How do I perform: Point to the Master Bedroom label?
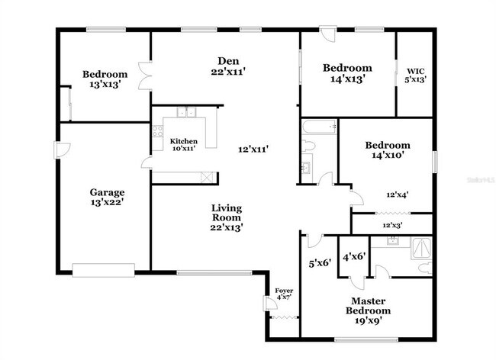coord(369,306)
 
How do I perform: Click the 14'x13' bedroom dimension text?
coord(347,78)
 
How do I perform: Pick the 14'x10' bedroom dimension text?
coord(387,155)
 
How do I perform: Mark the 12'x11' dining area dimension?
coord(253,149)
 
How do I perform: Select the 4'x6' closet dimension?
coord(354,258)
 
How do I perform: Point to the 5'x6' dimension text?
coord(318,263)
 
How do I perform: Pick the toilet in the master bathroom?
coord(426,268)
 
